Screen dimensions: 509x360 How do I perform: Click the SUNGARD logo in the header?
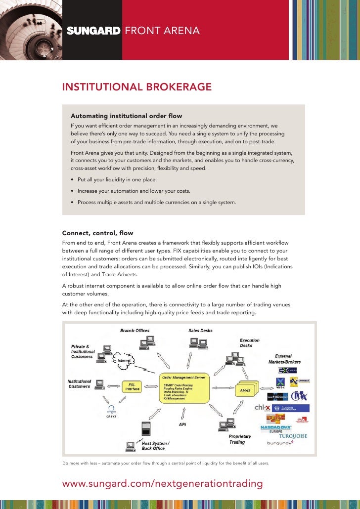pyautogui.click(x=93, y=31)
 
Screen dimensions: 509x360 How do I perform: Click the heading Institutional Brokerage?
pyautogui.click(x=136, y=87)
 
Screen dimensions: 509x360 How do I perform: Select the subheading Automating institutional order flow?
pyautogui.click(x=126, y=116)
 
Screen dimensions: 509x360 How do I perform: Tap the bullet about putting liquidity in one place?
pyautogui.click(x=117, y=180)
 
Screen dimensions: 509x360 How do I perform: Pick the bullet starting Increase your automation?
pyautogui.click(x=134, y=191)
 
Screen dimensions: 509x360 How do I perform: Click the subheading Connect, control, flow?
pyautogui.click(x=97, y=233)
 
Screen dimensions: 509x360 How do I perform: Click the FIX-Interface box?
pyautogui.click(x=133, y=386)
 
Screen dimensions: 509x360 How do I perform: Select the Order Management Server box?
pyautogui.click(x=184, y=388)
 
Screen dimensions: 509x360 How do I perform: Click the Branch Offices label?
pyautogui.click(x=135, y=331)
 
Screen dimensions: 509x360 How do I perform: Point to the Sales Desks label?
pyautogui.click(x=200, y=331)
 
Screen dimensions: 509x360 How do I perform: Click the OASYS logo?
pyautogui.click(x=111, y=413)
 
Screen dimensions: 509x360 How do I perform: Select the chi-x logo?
pyautogui.click(x=263, y=408)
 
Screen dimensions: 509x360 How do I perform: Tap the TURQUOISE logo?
pyautogui.click(x=293, y=436)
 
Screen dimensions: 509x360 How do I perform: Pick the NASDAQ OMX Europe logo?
pyautogui.click(x=276, y=428)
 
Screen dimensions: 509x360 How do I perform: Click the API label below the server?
pyautogui.click(x=182, y=424)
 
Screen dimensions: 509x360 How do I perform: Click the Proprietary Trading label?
pyautogui.click(x=240, y=439)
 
